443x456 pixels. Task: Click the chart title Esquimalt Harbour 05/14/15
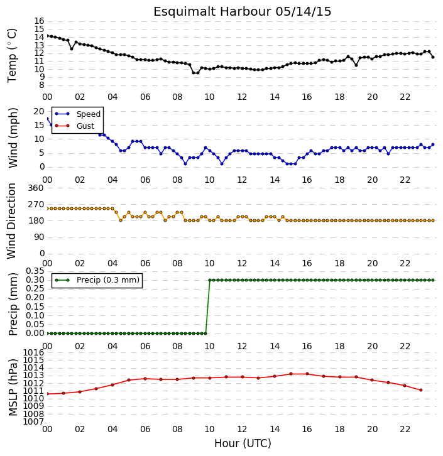click(243, 12)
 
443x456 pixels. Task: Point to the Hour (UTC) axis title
click(243, 443)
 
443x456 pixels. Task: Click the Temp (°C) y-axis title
click(12, 55)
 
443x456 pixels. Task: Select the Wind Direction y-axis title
click(12, 220)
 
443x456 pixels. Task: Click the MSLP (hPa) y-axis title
click(13, 388)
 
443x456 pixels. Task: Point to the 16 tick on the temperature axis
click(39, 21)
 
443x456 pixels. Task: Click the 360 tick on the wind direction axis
click(36, 188)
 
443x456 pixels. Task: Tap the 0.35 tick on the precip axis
click(35, 271)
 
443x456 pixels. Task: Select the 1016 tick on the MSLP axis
click(34, 353)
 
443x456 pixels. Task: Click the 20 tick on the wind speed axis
click(39, 111)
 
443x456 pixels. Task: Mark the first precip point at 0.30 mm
click(210, 280)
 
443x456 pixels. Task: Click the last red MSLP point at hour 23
click(421, 390)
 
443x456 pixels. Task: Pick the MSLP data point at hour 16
click(307, 374)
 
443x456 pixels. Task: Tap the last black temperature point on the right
click(433, 57)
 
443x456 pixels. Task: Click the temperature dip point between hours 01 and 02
click(72, 49)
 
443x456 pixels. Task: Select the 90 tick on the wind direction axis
click(39, 237)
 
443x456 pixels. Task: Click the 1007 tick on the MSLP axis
click(34, 421)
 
